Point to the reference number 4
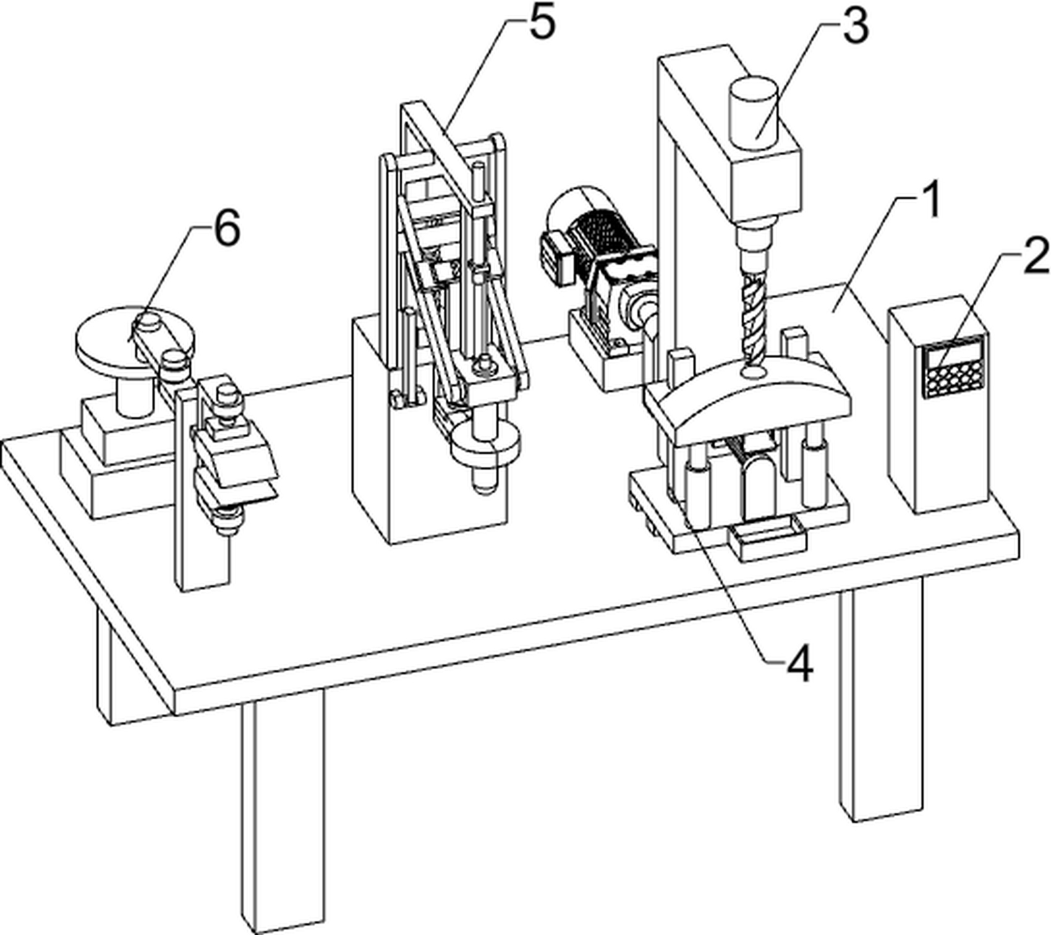[x=799, y=664]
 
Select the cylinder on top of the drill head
[x=753, y=112]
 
